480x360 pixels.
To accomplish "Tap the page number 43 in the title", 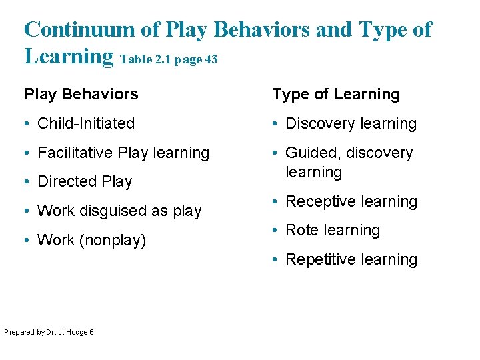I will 211,59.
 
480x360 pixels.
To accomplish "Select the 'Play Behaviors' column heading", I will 81,94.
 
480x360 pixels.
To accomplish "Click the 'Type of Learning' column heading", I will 336,94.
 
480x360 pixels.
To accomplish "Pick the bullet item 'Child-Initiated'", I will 86,123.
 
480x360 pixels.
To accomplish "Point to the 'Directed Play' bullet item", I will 85,181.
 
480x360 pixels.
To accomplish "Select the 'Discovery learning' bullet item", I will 351,123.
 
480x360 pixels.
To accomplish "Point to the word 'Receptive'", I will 317,201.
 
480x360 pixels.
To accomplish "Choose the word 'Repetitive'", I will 319,259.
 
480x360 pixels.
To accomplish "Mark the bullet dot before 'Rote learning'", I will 276,231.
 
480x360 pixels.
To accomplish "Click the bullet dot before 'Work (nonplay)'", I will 28,241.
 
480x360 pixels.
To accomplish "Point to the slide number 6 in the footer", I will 91,332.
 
